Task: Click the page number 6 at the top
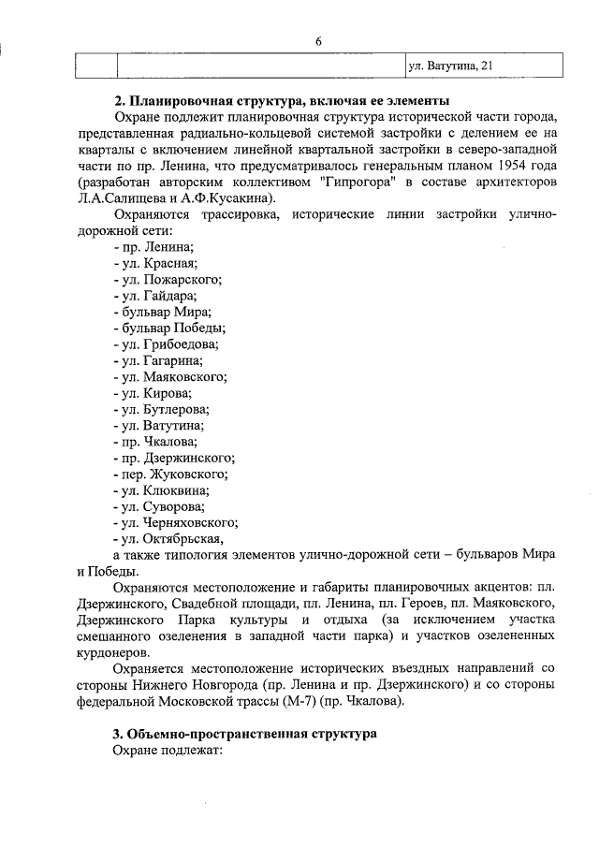pos(318,39)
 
